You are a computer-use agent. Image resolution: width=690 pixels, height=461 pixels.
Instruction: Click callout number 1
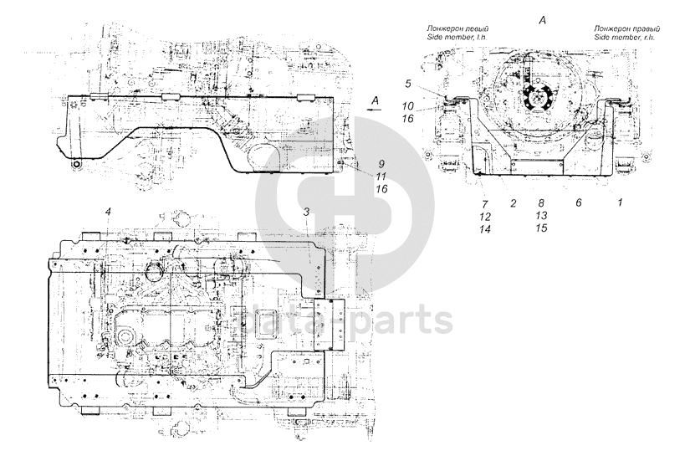click(x=620, y=202)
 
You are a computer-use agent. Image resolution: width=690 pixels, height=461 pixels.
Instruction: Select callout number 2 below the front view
click(x=512, y=203)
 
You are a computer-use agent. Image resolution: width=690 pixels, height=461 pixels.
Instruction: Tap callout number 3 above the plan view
click(x=307, y=213)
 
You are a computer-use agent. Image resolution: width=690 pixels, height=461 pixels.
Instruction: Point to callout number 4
click(x=109, y=213)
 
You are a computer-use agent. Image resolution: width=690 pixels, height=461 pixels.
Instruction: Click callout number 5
click(x=408, y=84)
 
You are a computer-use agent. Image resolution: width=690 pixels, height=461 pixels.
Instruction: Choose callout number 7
click(x=483, y=203)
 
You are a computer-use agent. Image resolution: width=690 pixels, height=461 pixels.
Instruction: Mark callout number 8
click(x=541, y=203)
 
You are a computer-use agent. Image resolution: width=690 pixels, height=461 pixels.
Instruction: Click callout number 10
click(x=406, y=106)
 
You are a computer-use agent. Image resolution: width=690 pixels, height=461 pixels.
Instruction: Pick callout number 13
click(x=541, y=216)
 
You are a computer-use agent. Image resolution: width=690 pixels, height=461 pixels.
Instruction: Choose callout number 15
click(x=541, y=228)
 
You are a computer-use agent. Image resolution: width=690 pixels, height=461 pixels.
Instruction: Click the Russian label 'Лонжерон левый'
click(x=458, y=29)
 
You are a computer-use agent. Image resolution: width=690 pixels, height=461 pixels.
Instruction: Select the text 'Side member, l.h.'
click(x=457, y=39)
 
